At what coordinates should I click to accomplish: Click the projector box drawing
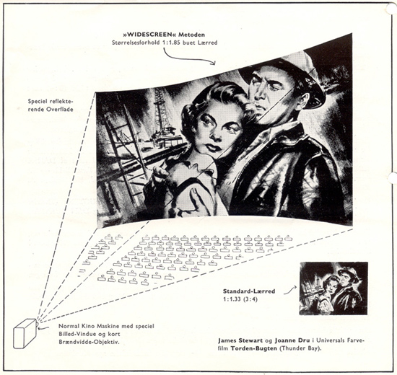point(25,333)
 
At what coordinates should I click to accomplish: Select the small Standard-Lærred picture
point(333,288)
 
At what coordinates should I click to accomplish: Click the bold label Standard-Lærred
point(249,291)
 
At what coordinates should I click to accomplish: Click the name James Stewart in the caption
point(240,340)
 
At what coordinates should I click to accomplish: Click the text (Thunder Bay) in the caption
point(300,348)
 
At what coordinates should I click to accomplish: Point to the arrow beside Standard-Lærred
point(290,291)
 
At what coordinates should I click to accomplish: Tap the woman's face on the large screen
point(219,131)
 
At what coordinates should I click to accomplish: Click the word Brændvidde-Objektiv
point(89,342)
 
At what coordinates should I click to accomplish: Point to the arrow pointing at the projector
point(44,327)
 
